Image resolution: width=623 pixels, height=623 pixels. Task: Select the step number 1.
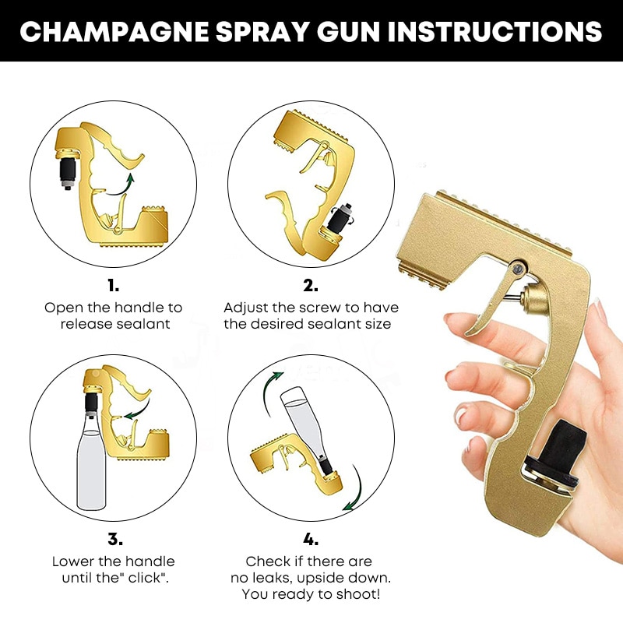pyautogui.click(x=114, y=285)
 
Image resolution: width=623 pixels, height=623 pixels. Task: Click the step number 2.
pyautogui.click(x=310, y=285)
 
